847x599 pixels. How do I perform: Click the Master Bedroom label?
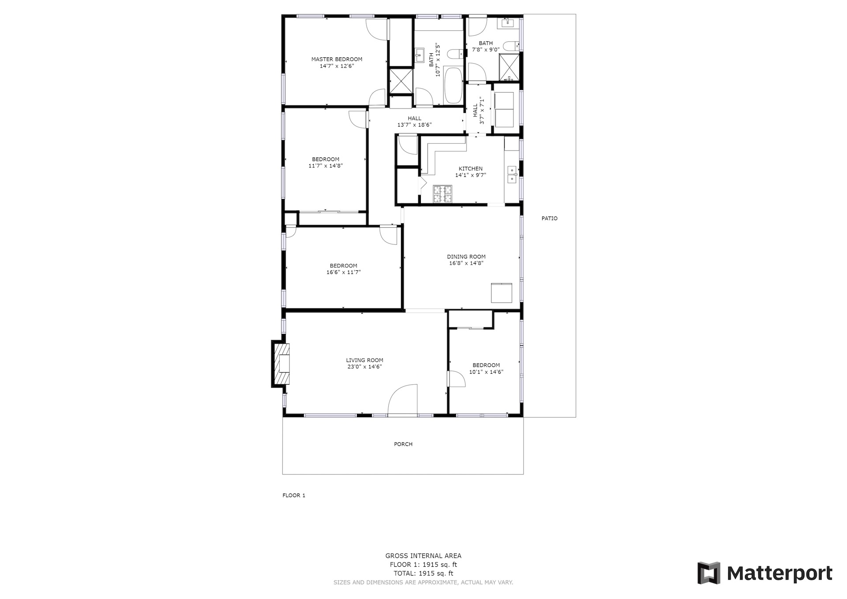point(337,59)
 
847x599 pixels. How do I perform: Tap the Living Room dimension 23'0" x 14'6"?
point(364,367)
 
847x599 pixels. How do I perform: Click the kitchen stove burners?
point(442,194)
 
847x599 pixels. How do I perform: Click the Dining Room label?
point(466,257)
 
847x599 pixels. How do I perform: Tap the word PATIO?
point(550,218)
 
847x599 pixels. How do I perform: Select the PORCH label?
point(403,444)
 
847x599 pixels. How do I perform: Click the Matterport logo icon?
point(708,573)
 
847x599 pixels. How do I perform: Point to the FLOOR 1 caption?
point(294,495)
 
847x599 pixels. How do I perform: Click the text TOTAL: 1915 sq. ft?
point(423,573)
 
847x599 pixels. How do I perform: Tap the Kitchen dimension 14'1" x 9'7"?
point(471,175)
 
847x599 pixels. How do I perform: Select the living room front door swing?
point(402,400)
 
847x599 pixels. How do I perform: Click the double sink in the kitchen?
point(512,174)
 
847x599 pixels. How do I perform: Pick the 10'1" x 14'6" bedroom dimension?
point(486,372)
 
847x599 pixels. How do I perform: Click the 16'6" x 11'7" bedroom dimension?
point(343,272)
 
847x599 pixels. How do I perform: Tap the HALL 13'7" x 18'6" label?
point(414,121)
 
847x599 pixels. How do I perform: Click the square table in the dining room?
point(502,293)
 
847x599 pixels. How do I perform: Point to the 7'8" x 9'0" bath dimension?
point(486,49)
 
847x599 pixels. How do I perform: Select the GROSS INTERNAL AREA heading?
point(423,556)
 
